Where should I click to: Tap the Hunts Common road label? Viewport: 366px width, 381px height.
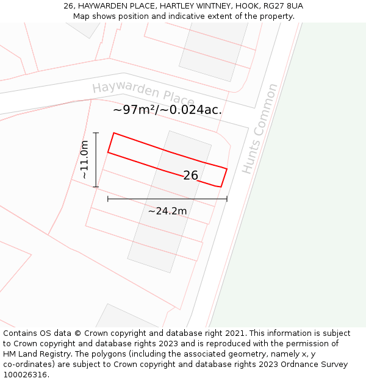tap(260, 129)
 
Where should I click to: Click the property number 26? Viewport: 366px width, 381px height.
tap(190, 176)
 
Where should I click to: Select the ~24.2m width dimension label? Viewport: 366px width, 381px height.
tap(167, 211)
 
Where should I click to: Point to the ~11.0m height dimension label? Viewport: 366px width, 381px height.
tap(84, 160)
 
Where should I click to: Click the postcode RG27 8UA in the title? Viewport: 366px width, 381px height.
tap(284, 6)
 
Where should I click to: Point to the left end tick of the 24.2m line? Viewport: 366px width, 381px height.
tap(108, 199)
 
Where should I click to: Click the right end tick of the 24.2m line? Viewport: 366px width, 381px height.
tap(227, 199)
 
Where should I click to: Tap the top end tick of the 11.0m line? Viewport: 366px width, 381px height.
tap(96, 132)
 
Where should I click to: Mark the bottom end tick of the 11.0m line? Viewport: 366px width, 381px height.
tap(96, 187)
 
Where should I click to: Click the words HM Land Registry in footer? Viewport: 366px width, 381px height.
tap(38, 354)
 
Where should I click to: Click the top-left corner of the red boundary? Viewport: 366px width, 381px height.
tap(114, 133)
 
